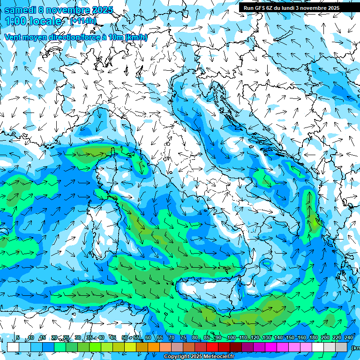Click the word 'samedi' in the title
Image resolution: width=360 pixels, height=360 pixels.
[x=20, y=10]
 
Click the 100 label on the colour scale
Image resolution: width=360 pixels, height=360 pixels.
[x=231, y=338]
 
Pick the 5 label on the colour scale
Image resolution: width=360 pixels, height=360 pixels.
[x=18, y=338]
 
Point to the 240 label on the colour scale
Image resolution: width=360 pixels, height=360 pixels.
[x=348, y=338]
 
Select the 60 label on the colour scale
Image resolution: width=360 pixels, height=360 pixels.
[x=148, y=338]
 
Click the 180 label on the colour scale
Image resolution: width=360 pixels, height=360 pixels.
[x=314, y=338]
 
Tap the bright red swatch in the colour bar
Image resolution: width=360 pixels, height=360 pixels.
[x=212, y=347]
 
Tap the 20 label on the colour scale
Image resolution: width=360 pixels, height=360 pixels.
[x=54, y=338]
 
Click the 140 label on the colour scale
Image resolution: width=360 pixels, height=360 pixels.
[x=278, y=338]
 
